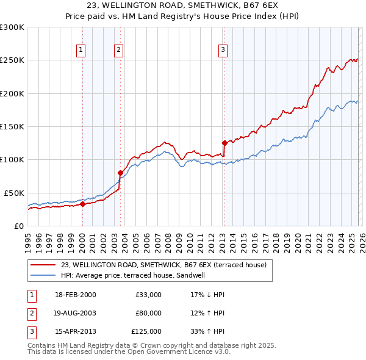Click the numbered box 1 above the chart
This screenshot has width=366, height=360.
81,50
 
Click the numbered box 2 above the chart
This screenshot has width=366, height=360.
118,50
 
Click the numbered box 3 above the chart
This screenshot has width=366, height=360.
223,50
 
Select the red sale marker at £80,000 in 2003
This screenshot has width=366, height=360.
120,173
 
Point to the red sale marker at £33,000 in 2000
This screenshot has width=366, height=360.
82,204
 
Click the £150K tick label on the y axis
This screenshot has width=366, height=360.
12,127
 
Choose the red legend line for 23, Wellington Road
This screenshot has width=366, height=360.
43,265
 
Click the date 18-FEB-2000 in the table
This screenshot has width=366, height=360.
75,295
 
